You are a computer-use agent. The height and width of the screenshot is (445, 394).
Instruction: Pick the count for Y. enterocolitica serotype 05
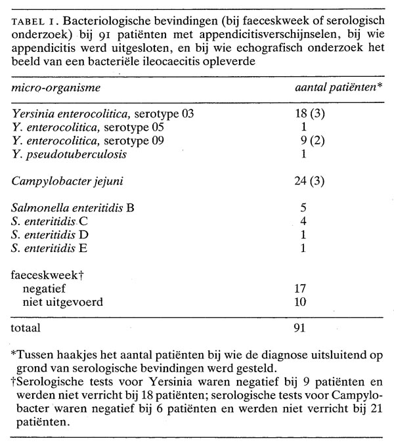305,127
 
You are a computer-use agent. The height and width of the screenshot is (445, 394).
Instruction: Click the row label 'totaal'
26,326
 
